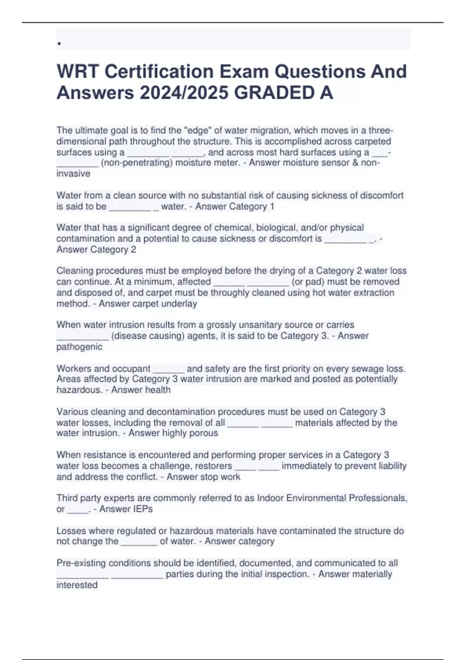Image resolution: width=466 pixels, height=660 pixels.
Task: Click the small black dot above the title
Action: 59,44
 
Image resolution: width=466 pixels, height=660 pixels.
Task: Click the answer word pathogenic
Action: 79,347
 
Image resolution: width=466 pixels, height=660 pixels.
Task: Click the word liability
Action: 390,466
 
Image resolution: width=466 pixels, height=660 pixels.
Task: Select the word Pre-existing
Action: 81,563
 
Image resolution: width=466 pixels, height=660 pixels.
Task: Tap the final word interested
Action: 77,585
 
